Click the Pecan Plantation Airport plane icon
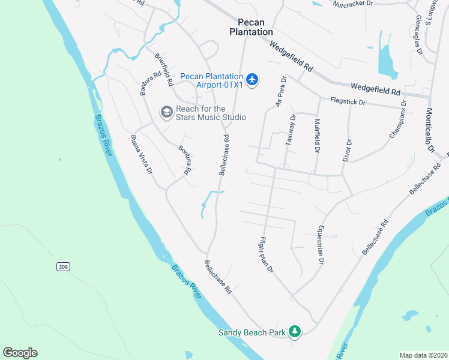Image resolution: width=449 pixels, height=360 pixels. [x=252, y=79]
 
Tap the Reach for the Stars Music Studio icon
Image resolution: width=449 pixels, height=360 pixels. [x=166, y=112]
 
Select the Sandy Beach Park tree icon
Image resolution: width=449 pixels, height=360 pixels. [x=294, y=331]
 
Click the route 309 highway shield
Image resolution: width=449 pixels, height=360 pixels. [x=63, y=266]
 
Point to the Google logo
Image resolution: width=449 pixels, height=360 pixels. [x=20, y=353]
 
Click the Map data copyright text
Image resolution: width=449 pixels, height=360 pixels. [x=423, y=355]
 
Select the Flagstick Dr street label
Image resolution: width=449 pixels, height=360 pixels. [x=347, y=102]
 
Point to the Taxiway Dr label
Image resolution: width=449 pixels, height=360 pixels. [x=291, y=131]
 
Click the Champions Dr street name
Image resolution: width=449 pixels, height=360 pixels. [x=397, y=120]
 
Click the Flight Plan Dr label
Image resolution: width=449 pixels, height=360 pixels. [x=267, y=254]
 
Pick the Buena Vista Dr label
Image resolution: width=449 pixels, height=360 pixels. [x=142, y=155]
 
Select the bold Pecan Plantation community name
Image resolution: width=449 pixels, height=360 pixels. [x=251, y=26]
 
